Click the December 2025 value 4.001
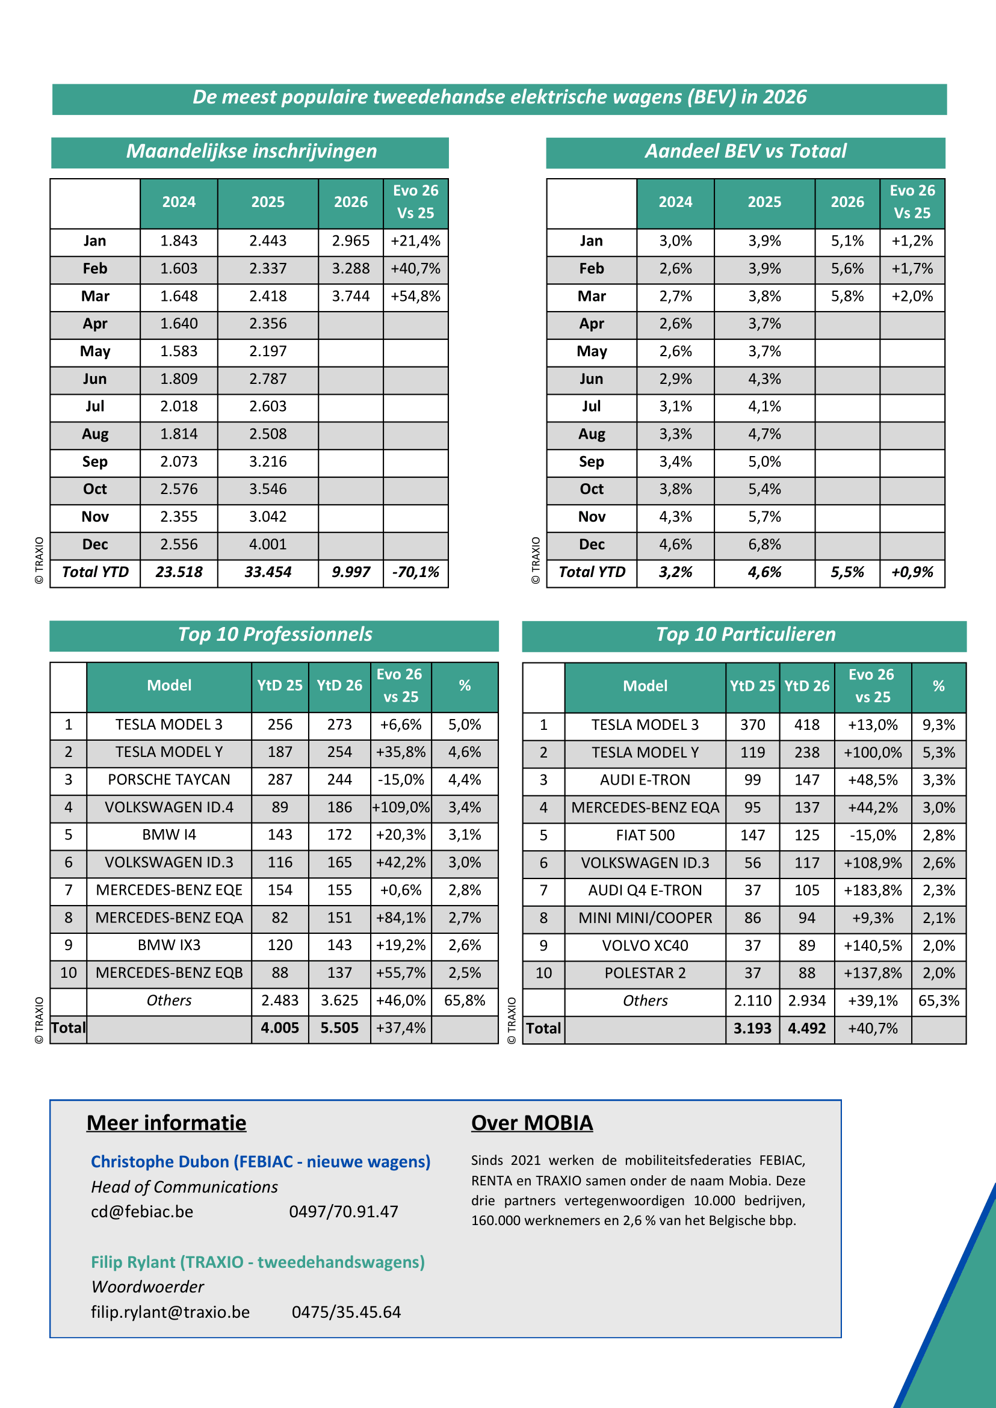pyautogui.click(x=267, y=545)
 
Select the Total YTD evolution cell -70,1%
pyautogui.click(x=415, y=572)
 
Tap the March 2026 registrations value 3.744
pyautogui.click(x=350, y=296)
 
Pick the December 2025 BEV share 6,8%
pyautogui.click(x=764, y=545)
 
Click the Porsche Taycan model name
pyautogui.click(x=169, y=779)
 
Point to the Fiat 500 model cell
pyautogui.click(x=645, y=835)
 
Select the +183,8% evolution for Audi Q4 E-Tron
pyautogui.click(x=872, y=891)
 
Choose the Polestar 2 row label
pyautogui.click(x=645, y=973)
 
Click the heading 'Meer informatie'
pyautogui.click(x=166, y=1123)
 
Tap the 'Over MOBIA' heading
pyautogui.click(x=532, y=1123)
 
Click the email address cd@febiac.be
pyautogui.click(x=141, y=1212)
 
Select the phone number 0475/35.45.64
pyautogui.click(x=346, y=1312)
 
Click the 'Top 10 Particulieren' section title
pyautogui.click(x=745, y=634)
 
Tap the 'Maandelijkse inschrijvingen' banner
pyautogui.click(x=251, y=152)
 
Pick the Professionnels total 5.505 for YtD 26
pyautogui.click(x=339, y=1028)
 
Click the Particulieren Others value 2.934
pyautogui.click(x=806, y=1001)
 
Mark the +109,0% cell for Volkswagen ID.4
pyautogui.click(x=400, y=807)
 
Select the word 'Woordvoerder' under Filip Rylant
pyautogui.click(x=147, y=1286)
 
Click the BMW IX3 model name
pyautogui.click(x=169, y=945)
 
